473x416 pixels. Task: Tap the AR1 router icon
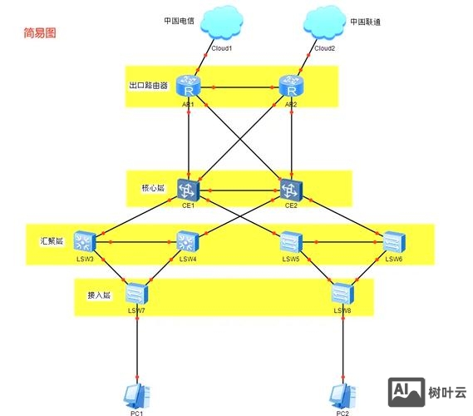pyautogui.click(x=190, y=87)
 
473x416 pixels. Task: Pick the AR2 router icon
pyautogui.click(x=291, y=87)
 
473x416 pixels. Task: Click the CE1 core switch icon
pyautogui.click(x=190, y=190)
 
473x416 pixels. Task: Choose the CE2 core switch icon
pyautogui.click(x=291, y=190)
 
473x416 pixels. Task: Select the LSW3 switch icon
pyautogui.click(x=86, y=242)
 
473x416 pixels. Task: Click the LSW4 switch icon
pyautogui.click(x=188, y=242)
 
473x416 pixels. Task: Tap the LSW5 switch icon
pyautogui.click(x=291, y=242)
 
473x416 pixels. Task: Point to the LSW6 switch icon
pyautogui.click(x=393, y=242)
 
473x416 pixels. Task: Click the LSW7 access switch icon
pyautogui.click(x=136, y=293)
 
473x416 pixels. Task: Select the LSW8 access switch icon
pyautogui.click(x=342, y=293)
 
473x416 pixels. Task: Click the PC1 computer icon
pyautogui.click(x=136, y=394)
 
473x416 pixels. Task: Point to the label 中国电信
pyautogui.click(x=179, y=22)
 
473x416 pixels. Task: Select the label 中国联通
pyautogui.click(x=364, y=22)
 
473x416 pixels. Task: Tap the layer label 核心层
pyautogui.click(x=153, y=189)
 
